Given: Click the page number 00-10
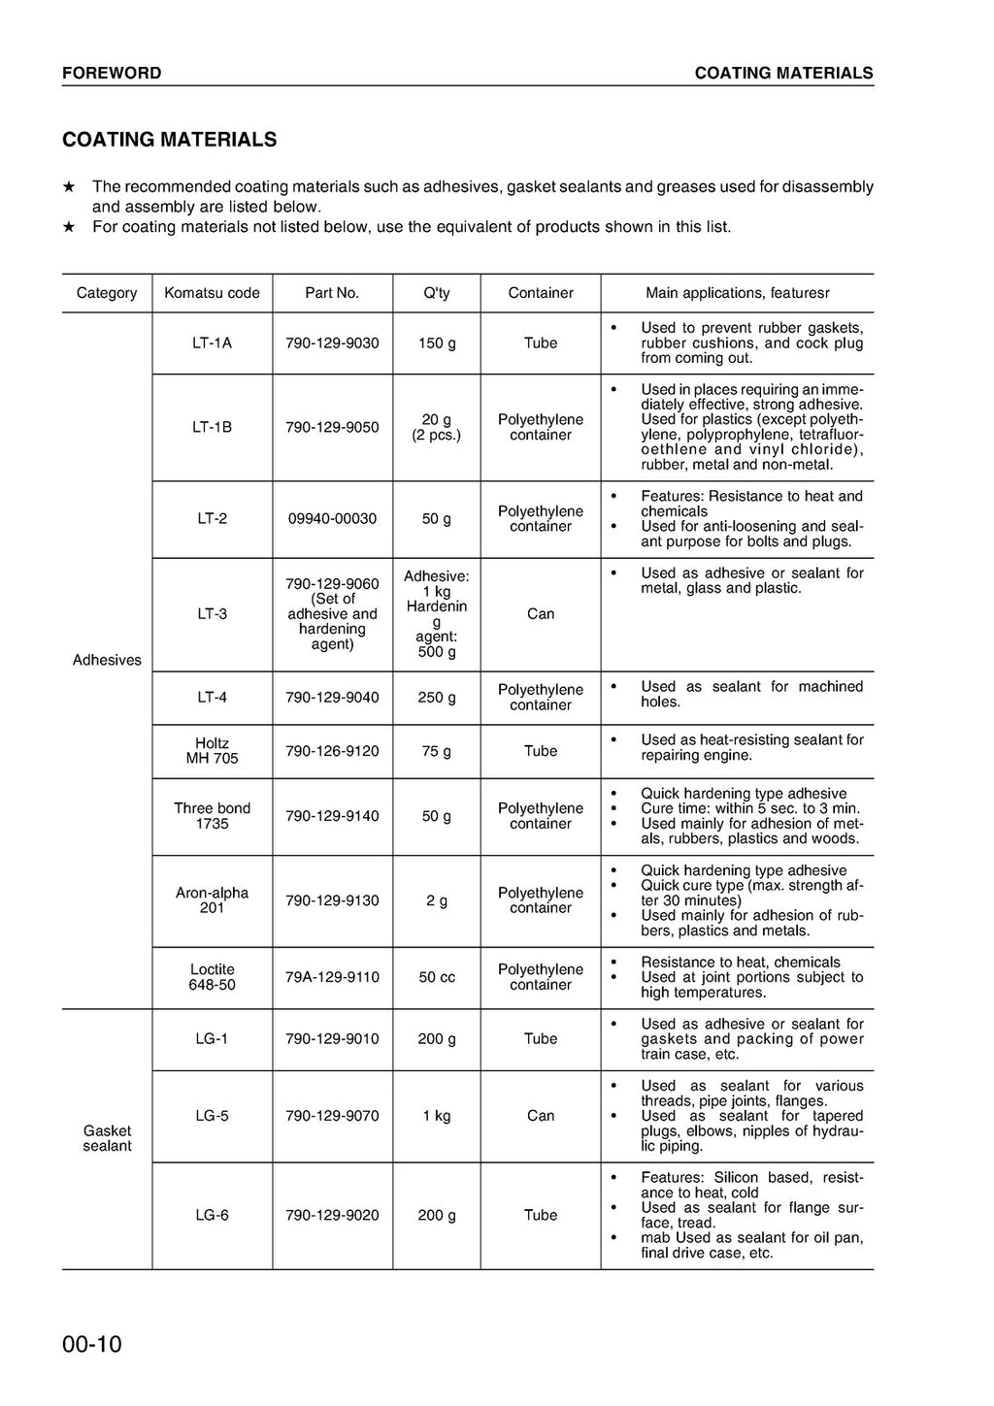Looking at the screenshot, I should tap(92, 1344).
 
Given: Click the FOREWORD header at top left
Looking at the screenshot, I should tap(112, 73).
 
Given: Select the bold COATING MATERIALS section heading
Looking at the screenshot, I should tap(169, 140).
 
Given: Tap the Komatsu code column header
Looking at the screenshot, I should tap(212, 293).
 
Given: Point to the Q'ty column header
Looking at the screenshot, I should tap(437, 293).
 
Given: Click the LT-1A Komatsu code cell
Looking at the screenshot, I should tap(212, 343).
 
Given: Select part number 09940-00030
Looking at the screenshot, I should tap(332, 519).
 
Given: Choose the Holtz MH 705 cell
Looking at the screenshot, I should tap(212, 751).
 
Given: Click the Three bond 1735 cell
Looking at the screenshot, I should tap(212, 816).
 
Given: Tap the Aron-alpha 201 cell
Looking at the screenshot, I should tap(212, 900).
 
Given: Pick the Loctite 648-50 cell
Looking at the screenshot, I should tap(212, 977).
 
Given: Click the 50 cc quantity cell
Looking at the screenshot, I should tap(437, 977).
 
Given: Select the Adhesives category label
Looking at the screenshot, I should tap(107, 660).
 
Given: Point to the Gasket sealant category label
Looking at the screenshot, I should tap(107, 1138).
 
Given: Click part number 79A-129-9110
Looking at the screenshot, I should tap(332, 977).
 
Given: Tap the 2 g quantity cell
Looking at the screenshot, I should tap(437, 900).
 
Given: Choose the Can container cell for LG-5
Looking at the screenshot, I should tap(541, 1116).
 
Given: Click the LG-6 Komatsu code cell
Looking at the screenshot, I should tap(212, 1215).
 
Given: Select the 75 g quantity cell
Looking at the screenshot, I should tap(437, 751).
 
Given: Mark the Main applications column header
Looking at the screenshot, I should tap(737, 293).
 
